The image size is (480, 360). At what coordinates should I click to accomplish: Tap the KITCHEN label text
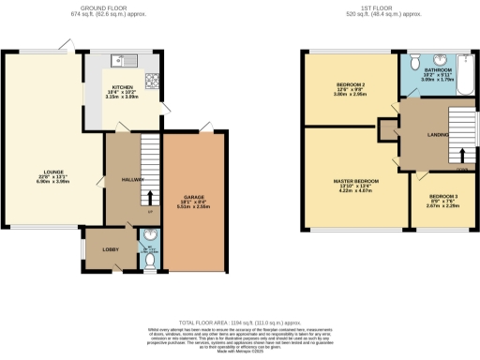124,86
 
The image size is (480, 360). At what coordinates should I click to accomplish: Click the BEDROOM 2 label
350,85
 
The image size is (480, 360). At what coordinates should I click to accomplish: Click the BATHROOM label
438,71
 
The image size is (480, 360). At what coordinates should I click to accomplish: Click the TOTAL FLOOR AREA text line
239,321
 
